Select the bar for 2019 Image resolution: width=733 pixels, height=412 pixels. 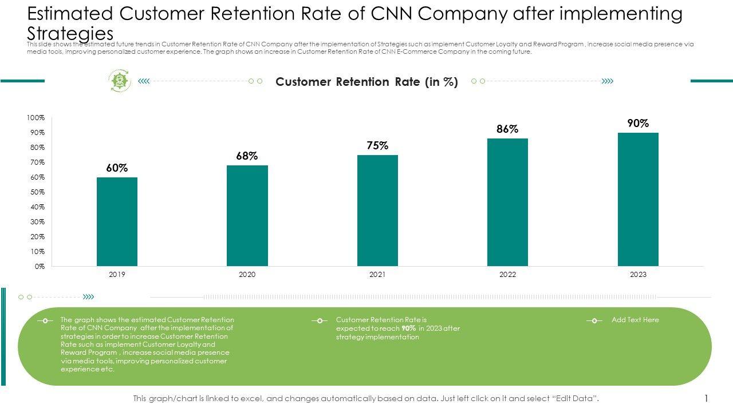pos(117,221)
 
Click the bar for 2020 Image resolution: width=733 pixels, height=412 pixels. pos(247,216)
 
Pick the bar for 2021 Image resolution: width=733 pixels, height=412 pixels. pos(377,211)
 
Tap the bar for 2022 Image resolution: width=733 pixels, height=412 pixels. pos(507,202)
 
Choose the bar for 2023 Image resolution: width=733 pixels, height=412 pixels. pos(638,199)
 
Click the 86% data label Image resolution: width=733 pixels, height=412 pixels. pos(507,129)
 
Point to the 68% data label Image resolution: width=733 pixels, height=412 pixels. pos(247,156)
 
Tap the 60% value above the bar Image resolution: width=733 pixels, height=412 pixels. pos(117,168)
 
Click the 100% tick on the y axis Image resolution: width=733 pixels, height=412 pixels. pos(36,118)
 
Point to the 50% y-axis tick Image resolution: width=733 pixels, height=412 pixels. pos(37,192)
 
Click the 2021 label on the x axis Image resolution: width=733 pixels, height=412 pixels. pos(377,275)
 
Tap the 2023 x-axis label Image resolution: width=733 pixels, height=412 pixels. pos(638,275)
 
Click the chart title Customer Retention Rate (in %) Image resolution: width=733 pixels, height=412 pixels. pos(366,82)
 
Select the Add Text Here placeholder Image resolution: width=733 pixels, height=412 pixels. pos(635,320)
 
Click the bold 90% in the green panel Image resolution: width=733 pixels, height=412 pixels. pos(409,328)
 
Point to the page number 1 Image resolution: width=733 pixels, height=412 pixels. pos(707,398)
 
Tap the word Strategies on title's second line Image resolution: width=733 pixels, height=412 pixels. pos(70,33)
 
